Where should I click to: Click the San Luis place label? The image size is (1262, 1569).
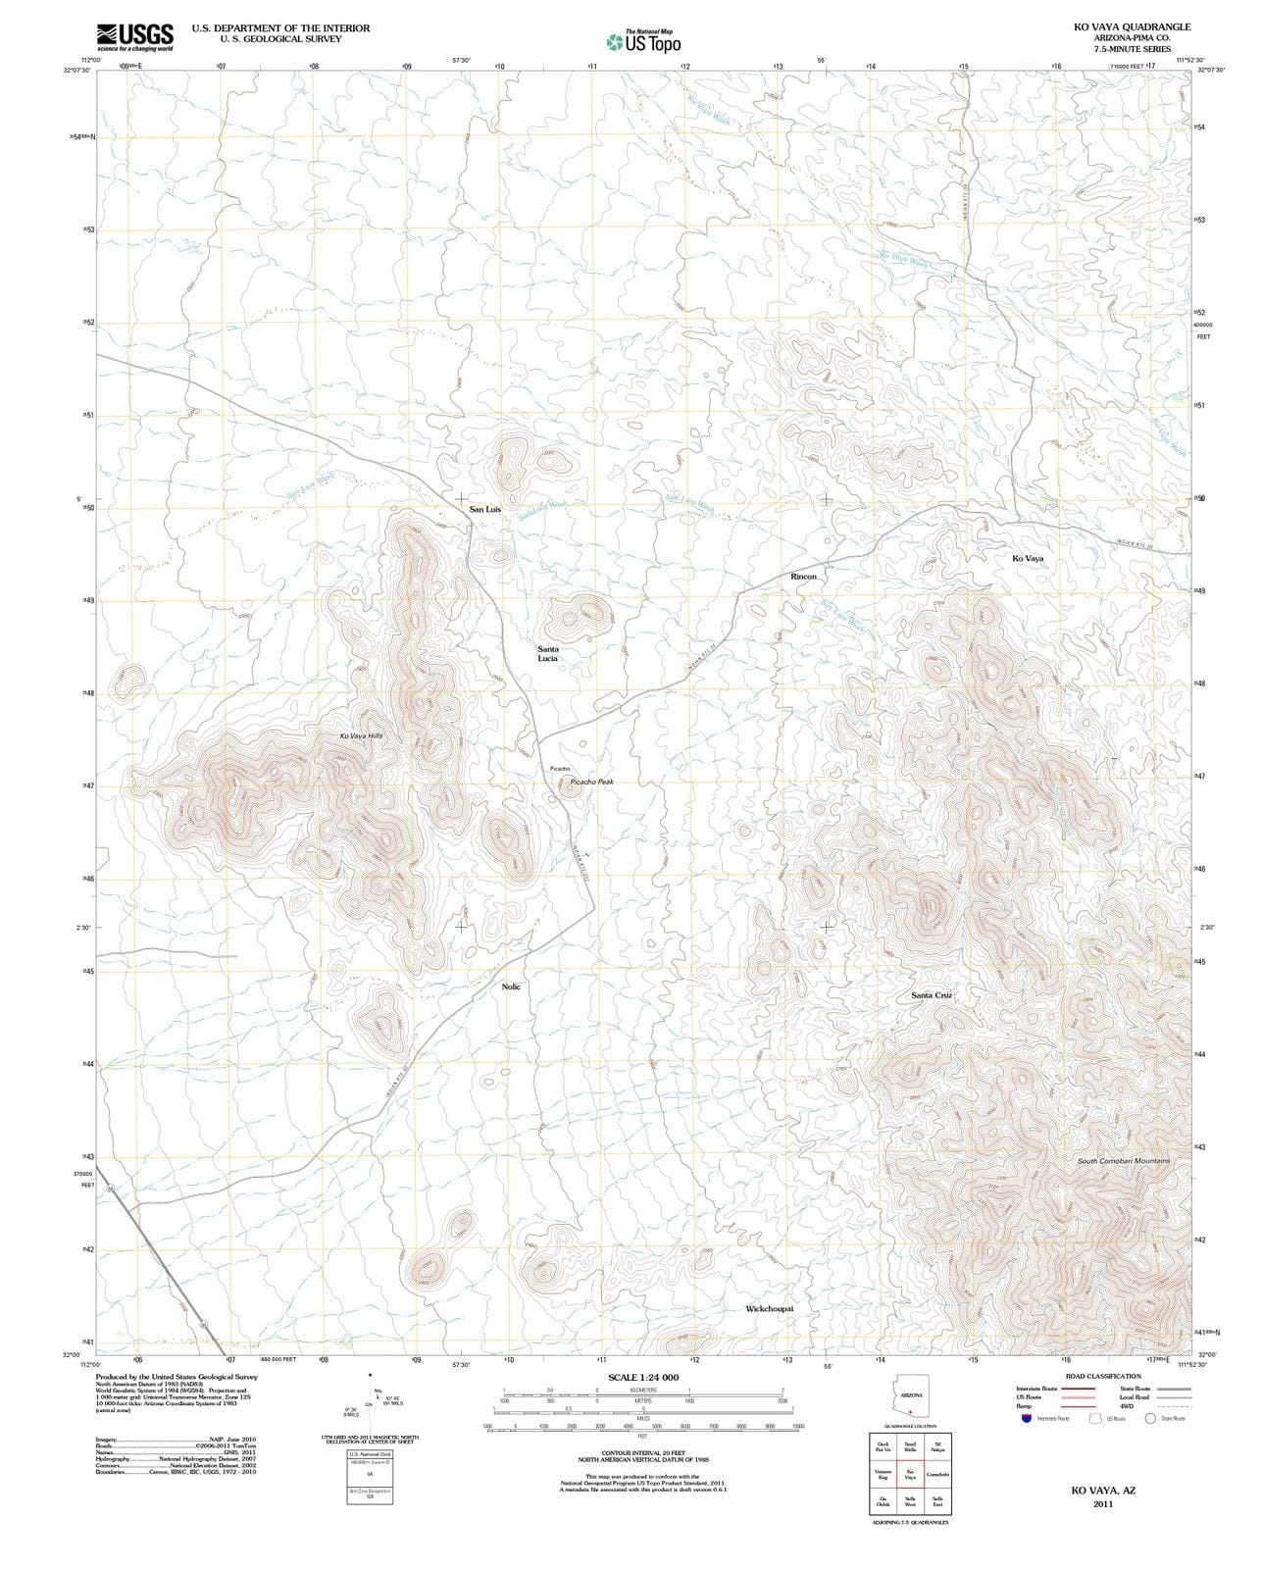pyautogui.click(x=484, y=510)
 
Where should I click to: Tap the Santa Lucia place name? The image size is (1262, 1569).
pyautogui.click(x=547, y=654)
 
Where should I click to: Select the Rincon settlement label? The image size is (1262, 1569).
pyautogui.click(x=803, y=577)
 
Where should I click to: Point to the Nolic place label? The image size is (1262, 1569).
pyautogui.click(x=511, y=987)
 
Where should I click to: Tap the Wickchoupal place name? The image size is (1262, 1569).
pyautogui.click(x=769, y=1309)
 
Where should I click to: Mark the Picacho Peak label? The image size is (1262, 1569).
pyautogui.click(x=591, y=783)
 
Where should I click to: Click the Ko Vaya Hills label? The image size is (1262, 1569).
pyautogui.click(x=361, y=736)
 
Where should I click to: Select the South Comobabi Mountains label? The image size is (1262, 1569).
pyautogui.click(x=1124, y=1161)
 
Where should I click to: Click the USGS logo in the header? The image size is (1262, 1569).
pyautogui.click(x=134, y=37)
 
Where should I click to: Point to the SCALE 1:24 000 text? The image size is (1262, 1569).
pyautogui.click(x=643, y=1378)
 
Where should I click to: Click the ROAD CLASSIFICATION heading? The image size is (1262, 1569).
pyautogui.click(x=1103, y=1377)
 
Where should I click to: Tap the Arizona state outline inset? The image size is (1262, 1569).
pyautogui.click(x=910, y=1394)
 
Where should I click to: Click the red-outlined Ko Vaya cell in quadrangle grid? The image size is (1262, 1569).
pyautogui.click(x=910, y=1474)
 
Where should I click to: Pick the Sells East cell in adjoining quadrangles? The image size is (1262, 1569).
pyautogui.click(x=937, y=1501)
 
